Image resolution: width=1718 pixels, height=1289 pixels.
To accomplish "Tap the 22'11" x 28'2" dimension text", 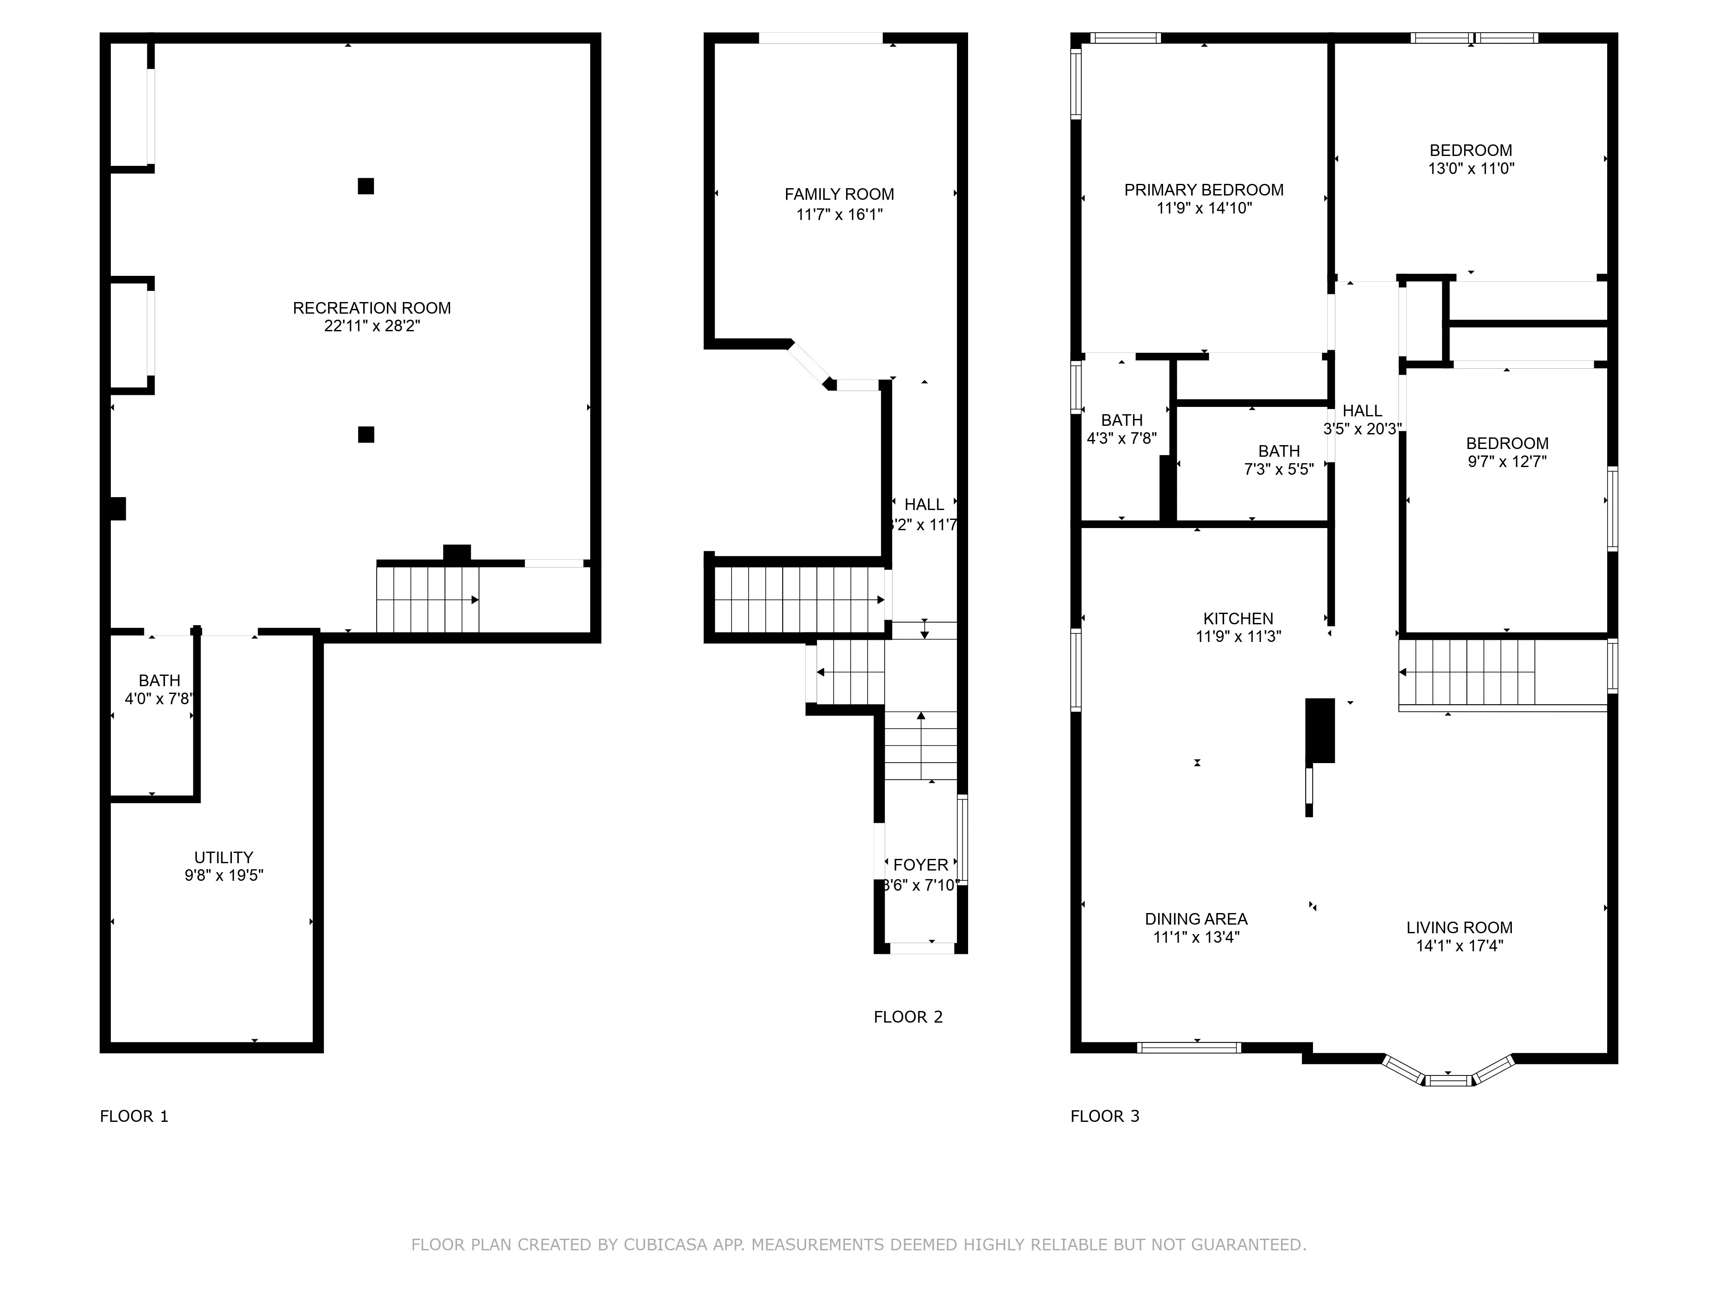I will click(371, 326).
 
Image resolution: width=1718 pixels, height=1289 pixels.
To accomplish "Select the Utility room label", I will click(224, 857).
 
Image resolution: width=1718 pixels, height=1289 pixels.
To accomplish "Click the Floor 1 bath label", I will click(159, 681).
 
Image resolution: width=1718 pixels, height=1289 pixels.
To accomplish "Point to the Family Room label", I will click(839, 194).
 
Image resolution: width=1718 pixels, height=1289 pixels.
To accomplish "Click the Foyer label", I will click(920, 865).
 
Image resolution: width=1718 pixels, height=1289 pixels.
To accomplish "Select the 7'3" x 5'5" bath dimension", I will click(1278, 469).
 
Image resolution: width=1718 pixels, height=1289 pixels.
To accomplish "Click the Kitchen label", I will click(1238, 618).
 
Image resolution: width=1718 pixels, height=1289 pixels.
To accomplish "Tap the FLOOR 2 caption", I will click(908, 1017).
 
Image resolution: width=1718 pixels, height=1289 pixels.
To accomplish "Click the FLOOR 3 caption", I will click(1104, 1117).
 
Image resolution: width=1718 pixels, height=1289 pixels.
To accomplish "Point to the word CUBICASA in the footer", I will click(665, 1245).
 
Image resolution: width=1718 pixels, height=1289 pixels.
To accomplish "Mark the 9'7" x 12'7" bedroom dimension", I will click(1507, 461).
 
